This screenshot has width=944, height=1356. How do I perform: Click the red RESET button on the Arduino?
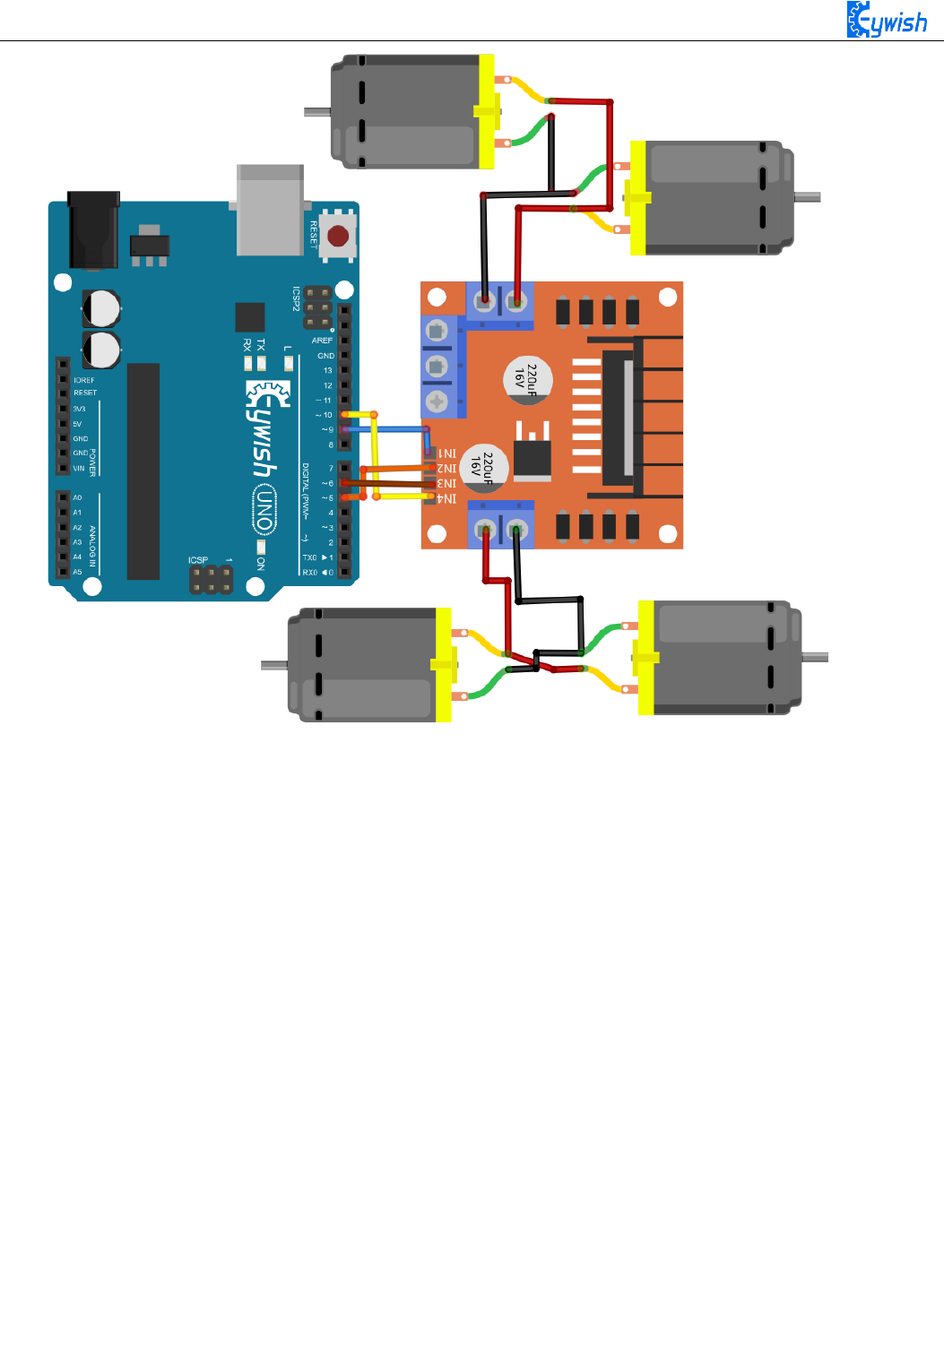pos(338,236)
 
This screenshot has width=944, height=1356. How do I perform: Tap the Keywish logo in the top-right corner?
pos(887,20)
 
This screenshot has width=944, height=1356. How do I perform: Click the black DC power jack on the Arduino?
pos(93,229)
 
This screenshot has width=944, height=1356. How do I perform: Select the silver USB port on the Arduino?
pos(270,209)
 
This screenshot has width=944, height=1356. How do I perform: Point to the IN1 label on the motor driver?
pos(446,454)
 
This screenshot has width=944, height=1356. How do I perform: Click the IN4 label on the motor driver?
pos(446,499)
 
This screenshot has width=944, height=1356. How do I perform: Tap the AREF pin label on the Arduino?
pos(322,341)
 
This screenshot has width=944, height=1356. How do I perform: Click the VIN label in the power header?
pos(79,469)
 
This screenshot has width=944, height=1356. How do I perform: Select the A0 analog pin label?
pos(77,497)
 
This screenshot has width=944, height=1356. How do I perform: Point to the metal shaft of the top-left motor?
pos(317,112)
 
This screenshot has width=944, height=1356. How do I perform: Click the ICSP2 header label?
pos(296,299)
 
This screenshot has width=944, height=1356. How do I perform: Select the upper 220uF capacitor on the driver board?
pos(528,379)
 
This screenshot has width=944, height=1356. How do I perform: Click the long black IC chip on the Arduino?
pos(143,471)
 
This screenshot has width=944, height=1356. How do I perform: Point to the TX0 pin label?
pos(309,557)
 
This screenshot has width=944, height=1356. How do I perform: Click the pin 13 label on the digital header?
pos(327,370)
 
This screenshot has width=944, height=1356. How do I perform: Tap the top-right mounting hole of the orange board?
pos(667,297)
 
